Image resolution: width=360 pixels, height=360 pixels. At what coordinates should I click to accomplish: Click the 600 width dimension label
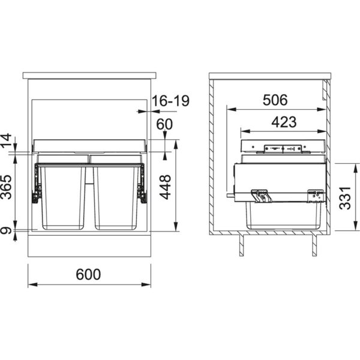coord(88,274)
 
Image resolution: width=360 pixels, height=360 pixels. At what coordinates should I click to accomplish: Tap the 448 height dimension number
coord(166,187)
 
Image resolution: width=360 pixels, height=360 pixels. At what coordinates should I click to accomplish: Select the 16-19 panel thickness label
coord(170,101)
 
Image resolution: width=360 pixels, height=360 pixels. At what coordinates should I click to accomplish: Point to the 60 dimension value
coord(164,124)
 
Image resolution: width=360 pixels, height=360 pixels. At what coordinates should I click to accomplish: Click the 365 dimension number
coord(6,187)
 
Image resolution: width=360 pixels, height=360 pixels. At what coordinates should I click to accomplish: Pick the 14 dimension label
coord(6,140)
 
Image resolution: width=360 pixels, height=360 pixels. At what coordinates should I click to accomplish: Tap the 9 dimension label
coord(6,230)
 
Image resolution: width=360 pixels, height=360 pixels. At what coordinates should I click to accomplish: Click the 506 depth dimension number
coord(275,100)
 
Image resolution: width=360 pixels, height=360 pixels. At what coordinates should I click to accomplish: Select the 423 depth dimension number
coord(284,122)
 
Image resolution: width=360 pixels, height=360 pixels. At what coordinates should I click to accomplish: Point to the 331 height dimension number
coord(345,198)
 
